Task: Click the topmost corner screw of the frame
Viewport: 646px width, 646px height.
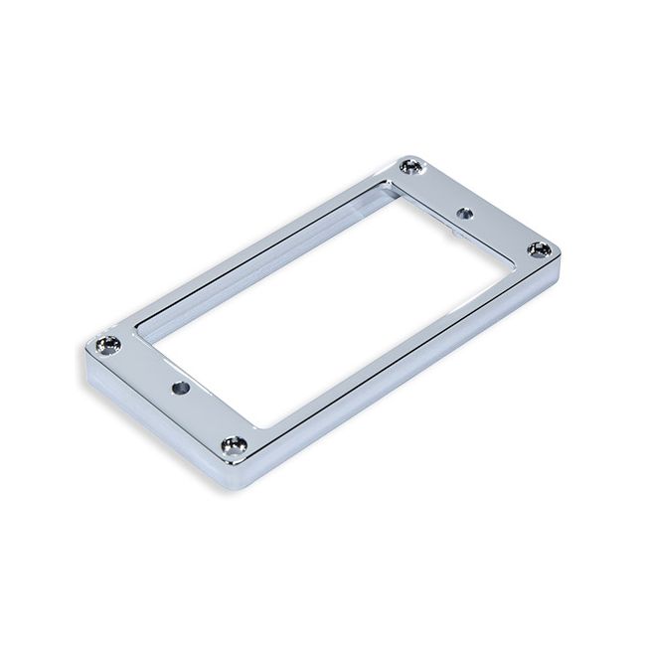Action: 409,167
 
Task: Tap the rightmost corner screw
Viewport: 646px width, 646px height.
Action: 538,248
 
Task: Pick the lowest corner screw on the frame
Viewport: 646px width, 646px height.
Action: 235,442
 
